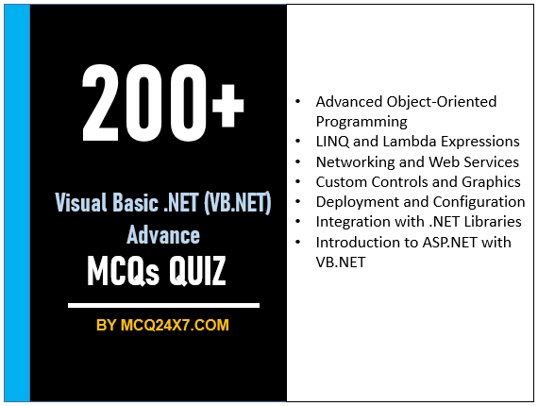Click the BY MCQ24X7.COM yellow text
coord(162,326)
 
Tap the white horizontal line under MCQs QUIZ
coord(162,305)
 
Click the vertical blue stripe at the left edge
coord(16,203)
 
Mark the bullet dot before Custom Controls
coord(299,181)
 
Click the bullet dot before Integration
coord(299,222)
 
